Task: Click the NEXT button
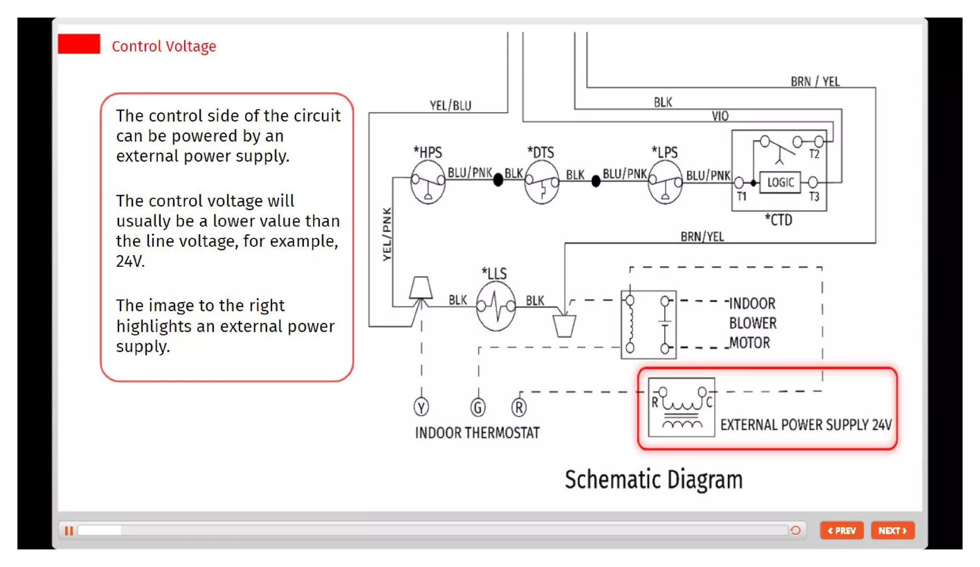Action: coord(892,530)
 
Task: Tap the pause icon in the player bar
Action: coord(69,531)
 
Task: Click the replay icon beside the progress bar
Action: coord(795,530)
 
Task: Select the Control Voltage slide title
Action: coord(164,46)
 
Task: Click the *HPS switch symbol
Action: coord(428,182)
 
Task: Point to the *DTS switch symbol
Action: coord(541,182)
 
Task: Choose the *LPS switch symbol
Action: coord(665,182)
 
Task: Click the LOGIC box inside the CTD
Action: coord(780,182)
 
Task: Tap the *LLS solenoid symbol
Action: coord(496,306)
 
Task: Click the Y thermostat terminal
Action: coord(421,408)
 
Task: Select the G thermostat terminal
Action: coord(478,408)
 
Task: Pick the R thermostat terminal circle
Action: coord(519,408)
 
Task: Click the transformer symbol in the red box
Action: coord(681,407)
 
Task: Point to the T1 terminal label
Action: coord(741,196)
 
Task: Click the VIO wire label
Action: coord(720,116)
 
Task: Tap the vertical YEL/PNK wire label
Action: coord(387,234)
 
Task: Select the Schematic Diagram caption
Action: coord(654,479)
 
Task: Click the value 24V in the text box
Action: coord(130,261)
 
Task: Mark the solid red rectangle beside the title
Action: coord(79,44)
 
